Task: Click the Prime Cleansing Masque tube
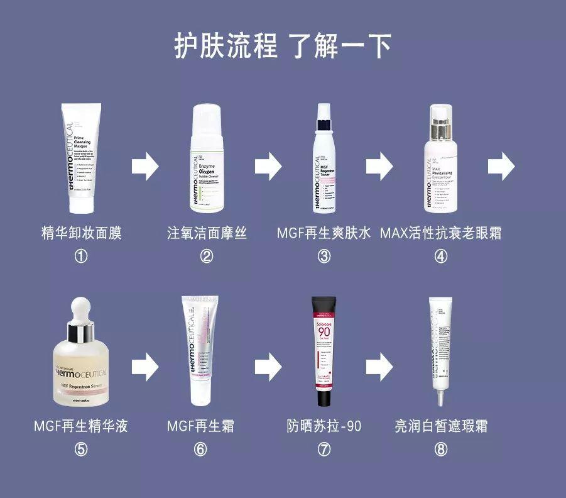[x=81, y=160]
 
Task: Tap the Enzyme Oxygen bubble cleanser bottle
[x=207, y=163]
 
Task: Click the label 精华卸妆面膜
[x=81, y=233]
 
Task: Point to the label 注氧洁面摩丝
[x=207, y=233]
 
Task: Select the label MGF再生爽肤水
[x=324, y=233]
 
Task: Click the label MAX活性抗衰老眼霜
[x=441, y=233]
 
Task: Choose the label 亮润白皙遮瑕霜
[x=441, y=426]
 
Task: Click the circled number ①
[x=81, y=256]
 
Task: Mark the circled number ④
[x=441, y=256]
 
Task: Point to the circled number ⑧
[x=441, y=449]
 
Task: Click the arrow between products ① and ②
[x=144, y=166]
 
